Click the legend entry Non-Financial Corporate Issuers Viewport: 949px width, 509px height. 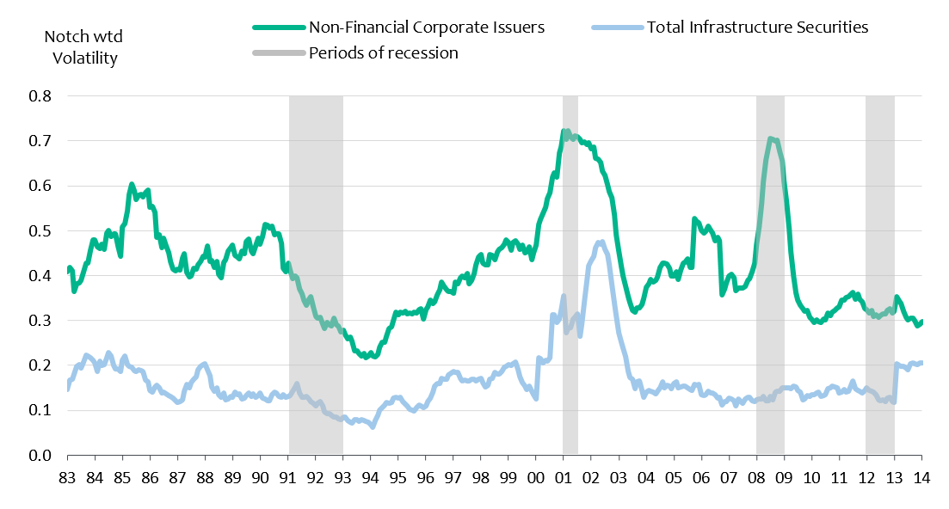point(427,27)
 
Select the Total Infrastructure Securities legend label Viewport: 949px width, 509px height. point(757,27)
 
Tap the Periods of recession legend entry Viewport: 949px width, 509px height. point(383,52)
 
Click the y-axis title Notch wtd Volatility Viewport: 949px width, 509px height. point(84,48)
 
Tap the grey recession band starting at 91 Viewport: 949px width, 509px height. point(316,275)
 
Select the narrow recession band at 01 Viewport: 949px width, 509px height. point(570,275)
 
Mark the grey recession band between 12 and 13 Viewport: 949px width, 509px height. point(880,275)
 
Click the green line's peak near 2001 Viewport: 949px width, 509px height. point(565,132)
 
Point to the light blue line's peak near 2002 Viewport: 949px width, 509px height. point(601,242)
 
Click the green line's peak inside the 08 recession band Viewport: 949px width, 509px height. point(771,138)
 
